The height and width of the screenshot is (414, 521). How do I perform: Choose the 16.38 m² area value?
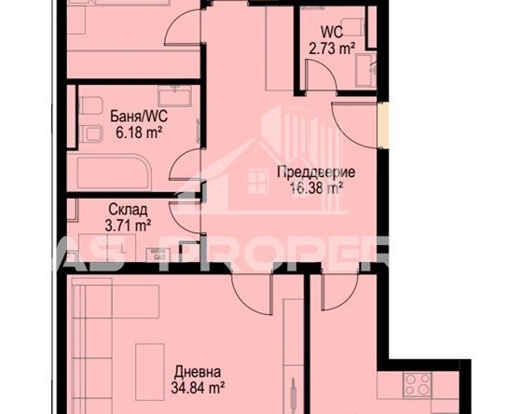[x=311, y=186]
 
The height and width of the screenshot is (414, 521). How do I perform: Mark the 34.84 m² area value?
[x=197, y=382]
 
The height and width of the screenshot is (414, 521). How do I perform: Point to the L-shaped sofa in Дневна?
[x=89, y=336]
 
